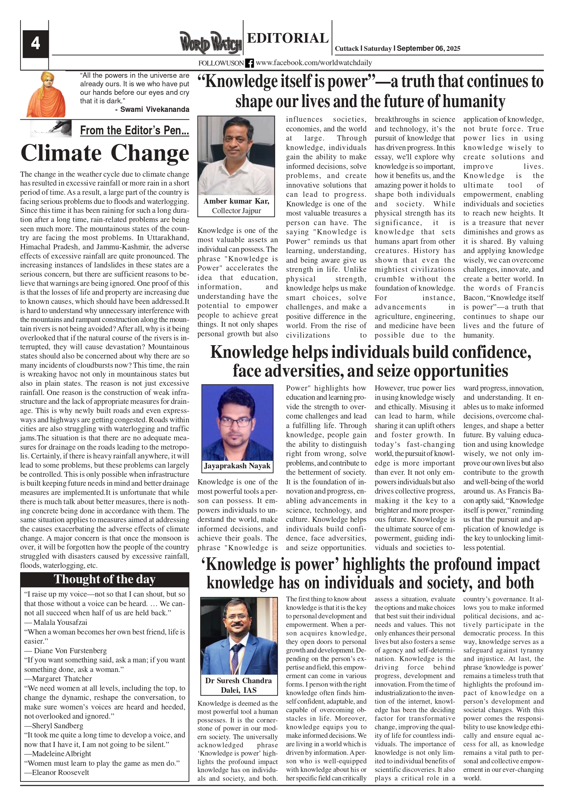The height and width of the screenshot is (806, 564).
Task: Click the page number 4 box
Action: point(35,44)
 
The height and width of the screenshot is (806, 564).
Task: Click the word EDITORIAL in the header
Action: point(287,38)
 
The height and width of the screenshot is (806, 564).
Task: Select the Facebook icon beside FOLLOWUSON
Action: point(250,63)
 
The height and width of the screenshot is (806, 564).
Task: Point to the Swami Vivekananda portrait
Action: point(46,94)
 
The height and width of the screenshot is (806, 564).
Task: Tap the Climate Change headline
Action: point(105,153)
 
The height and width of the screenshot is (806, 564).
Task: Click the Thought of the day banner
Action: point(105,579)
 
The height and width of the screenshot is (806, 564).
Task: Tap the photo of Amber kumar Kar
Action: point(236,156)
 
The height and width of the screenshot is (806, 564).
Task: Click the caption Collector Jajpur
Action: point(236,211)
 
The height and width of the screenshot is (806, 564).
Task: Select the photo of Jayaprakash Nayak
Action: point(237,423)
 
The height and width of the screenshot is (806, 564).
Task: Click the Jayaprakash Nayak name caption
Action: point(237,466)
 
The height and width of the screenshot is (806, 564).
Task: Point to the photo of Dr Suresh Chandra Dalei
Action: point(239,636)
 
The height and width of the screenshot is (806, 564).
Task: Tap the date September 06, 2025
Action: point(428,48)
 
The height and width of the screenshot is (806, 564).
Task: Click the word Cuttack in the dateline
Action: point(347,48)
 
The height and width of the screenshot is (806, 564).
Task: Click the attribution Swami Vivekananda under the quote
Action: point(154,109)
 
